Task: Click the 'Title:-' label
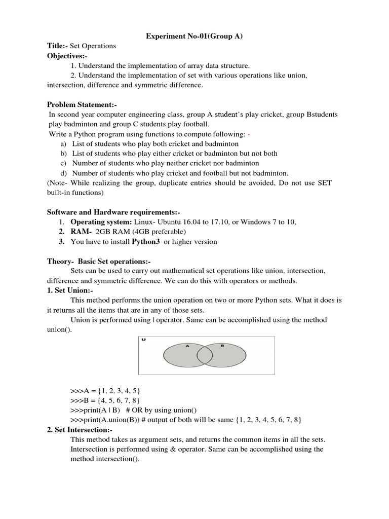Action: (x=58, y=46)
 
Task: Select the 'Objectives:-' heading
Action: (x=67, y=56)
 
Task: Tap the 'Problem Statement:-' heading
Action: (x=82, y=104)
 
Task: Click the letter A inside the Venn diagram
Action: (x=187, y=346)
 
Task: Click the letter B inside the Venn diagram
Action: (x=222, y=346)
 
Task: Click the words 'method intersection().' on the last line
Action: (x=104, y=459)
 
